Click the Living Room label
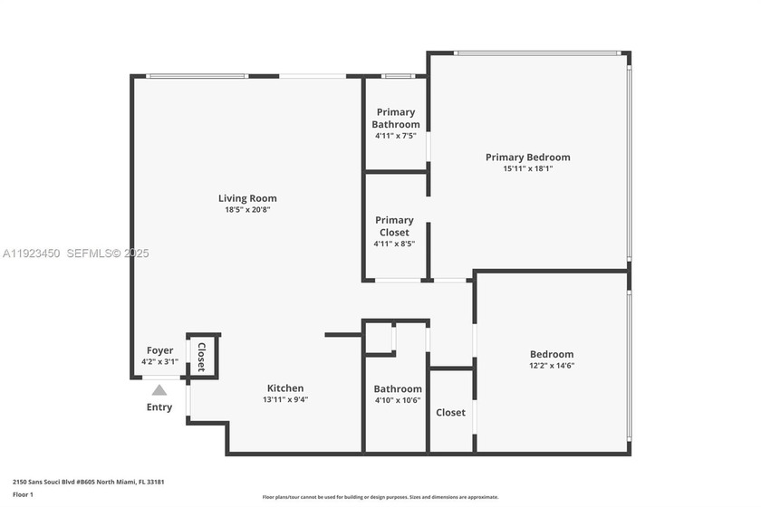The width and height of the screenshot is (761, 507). coord(247,198)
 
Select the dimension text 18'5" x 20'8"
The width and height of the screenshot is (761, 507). coord(247,210)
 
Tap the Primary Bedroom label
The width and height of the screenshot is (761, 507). coord(527,157)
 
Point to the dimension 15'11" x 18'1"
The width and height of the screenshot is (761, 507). coord(527,168)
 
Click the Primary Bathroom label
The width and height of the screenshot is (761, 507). coord(395,119)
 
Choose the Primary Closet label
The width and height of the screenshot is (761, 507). coord(394,226)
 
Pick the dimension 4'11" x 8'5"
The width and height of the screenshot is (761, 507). coord(394,244)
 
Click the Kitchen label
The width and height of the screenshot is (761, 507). coord(284,388)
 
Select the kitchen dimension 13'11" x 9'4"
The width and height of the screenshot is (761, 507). coord(284,399)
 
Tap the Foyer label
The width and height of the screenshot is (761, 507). coord(159,350)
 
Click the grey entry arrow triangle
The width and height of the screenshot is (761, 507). coord(159,390)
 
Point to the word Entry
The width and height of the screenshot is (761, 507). coord(159,407)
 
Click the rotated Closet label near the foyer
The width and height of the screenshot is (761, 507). coord(201,357)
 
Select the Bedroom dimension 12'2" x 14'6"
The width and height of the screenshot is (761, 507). coord(552,366)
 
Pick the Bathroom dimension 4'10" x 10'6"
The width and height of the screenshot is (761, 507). coord(397,400)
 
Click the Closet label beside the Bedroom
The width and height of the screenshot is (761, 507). coord(450,413)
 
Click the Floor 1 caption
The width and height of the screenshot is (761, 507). coord(23,495)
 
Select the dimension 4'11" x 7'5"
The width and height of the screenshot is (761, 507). coord(395,136)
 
